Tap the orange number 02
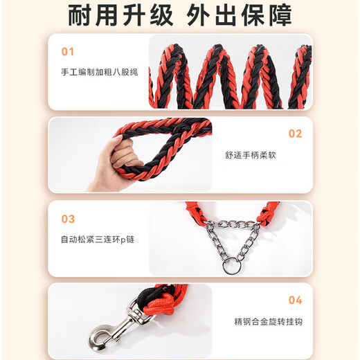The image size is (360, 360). tap(295, 134)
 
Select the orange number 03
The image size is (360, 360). tap(67, 219)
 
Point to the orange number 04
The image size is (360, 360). tap(295, 300)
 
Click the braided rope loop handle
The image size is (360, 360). tap(163, 145)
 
